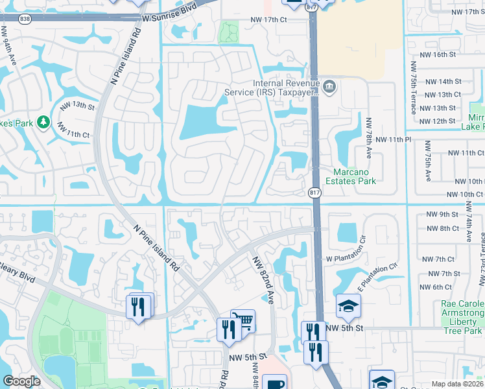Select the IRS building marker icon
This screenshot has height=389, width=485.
point(329,86)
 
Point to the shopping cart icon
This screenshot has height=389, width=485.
point(243,321)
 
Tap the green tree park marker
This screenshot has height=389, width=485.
point(43,122)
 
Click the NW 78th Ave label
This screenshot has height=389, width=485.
point(369,139)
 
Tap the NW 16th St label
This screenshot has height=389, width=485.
point(440,54)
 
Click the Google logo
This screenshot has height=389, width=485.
point(21,381)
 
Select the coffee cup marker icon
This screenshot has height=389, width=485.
point(275,383)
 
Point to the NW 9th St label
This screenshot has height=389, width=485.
point(442,214)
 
